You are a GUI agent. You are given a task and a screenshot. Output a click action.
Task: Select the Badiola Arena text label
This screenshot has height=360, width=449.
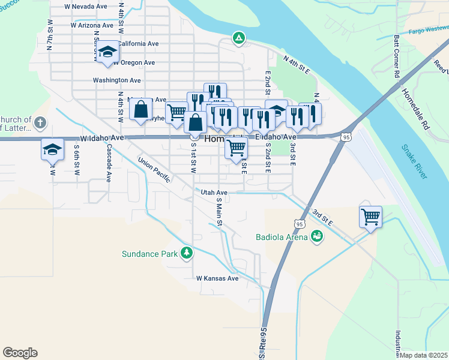click(x=282, y=236)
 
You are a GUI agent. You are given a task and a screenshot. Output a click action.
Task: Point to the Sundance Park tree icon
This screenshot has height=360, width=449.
click(x=187, y=253)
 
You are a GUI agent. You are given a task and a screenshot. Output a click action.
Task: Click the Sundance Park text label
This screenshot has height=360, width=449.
click(x=149, y=254)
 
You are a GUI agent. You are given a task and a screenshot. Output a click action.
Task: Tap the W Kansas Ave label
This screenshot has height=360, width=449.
click(x=217, y=278)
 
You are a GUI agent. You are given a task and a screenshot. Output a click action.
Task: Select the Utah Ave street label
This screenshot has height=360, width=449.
click(x=214, y=193)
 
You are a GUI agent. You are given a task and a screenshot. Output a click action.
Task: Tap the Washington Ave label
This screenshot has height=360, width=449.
click(x=116, y=80)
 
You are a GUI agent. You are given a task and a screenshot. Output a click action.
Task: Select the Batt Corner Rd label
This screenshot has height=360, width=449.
click(x=397, y=56)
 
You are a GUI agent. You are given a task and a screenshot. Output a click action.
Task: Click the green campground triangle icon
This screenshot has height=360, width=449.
click(x=239, y=39)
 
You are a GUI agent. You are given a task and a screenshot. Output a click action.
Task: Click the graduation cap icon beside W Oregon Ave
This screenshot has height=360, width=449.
click(x=108, y=52)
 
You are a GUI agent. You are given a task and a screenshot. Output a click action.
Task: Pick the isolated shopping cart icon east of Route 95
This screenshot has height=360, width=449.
click(x=370, y=217)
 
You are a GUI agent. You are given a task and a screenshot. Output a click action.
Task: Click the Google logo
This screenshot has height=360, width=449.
click(x=20, y=353)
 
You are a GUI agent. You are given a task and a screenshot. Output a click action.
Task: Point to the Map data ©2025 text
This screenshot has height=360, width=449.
click(x=423, y=355)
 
